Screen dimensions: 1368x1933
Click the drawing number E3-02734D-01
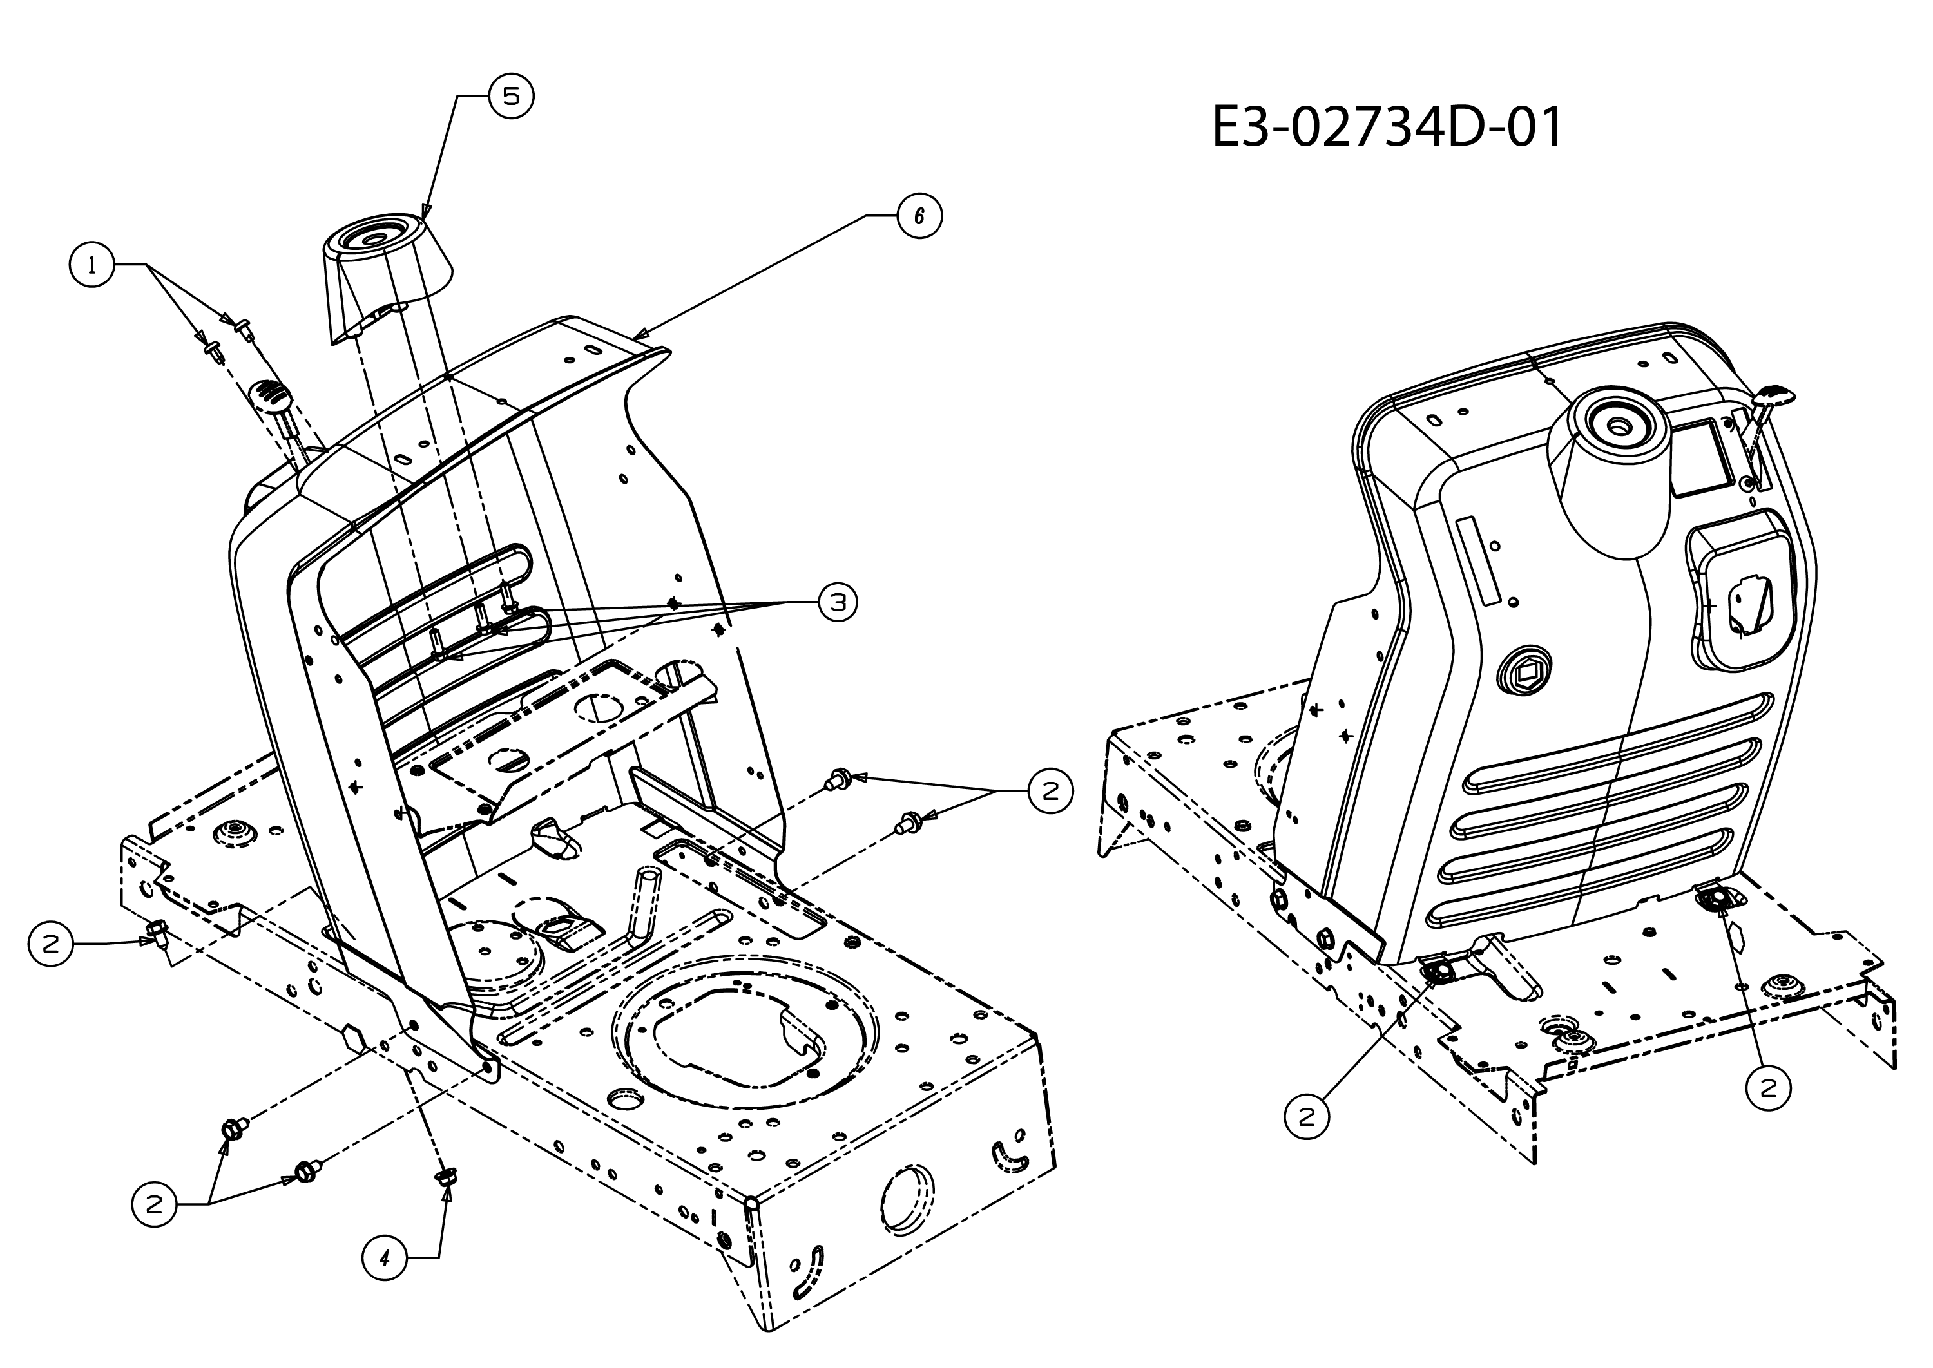click(x=1386, y=127)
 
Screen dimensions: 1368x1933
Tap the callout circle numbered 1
click(x=91, y=265)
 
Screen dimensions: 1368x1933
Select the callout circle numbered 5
click(x=512, y=95)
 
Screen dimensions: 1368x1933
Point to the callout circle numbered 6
click(x=918, y=216)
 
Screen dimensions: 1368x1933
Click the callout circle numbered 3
click(x=838, y=602)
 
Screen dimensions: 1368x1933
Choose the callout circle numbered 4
click(x=384, y=1259)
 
